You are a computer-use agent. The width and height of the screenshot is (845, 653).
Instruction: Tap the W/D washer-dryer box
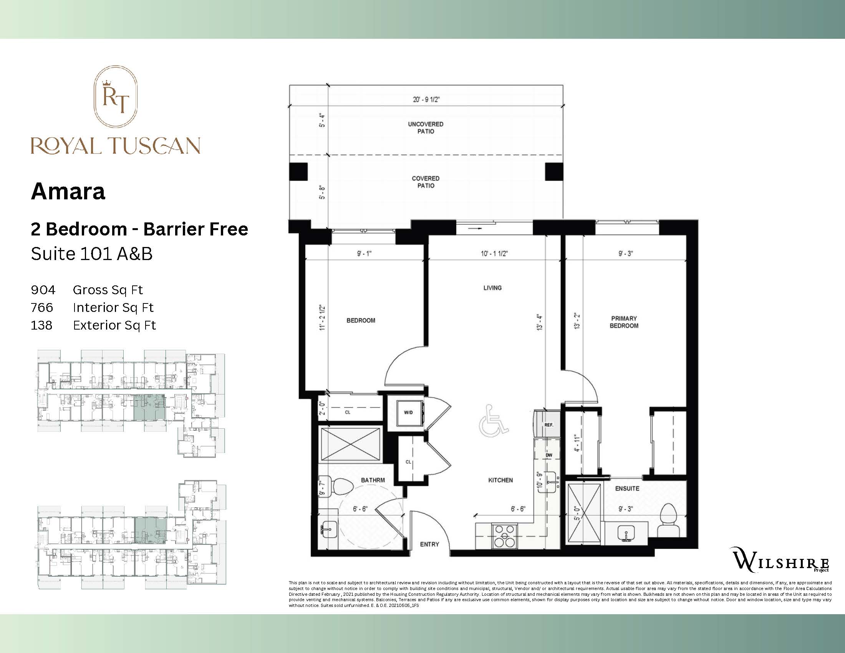pyautogui.click(x=409, y=413)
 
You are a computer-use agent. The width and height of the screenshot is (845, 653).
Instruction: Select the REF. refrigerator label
pyautogui.click(x=548, y=425)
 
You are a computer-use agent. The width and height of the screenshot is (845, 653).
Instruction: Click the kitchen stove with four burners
pyautogui.click(x=505, y=536)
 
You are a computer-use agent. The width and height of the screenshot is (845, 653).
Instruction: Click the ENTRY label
pyautogui.click(x=429, y=544)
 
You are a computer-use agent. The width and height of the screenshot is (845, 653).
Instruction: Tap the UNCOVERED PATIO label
pyautogui.click(x=426, y=128)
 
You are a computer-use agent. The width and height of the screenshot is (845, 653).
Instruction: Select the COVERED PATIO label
pyautogui.click(x=426, y=182)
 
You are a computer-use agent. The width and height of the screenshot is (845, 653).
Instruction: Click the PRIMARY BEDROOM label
pyautogui.click(x=624, y=322)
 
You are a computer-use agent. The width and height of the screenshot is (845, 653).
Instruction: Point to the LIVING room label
pyautogui.click(x=492, y=288)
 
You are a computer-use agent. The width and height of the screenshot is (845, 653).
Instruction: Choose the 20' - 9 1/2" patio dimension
pyautogui.click(x=426, y=99)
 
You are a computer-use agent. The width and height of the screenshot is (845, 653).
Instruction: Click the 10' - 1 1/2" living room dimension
pyautogui.click(x=494, y=254)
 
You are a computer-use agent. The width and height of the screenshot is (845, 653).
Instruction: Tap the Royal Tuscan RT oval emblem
pyautogui.click(x=116, y=97)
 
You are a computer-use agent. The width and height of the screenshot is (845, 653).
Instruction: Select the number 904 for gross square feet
pyautogui.click(x=43, y=290)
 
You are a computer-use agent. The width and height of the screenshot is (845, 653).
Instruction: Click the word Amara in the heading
pyautogui.click(x=68, y=192)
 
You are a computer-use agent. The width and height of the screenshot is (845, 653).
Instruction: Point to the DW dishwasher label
pyautogui.click(x=548, y=455)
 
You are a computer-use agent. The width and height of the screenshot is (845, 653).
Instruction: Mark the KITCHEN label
pyautogui.click(x=500, y=480)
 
